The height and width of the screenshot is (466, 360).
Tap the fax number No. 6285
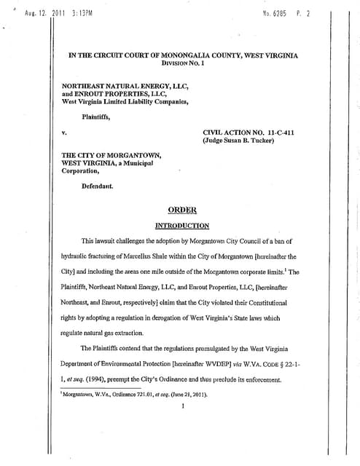pos(276,15)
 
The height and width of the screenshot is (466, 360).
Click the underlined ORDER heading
pos(183,210)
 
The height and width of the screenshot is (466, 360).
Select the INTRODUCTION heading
pos(183,226)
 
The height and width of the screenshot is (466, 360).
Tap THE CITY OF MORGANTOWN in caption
pos(111,155)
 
